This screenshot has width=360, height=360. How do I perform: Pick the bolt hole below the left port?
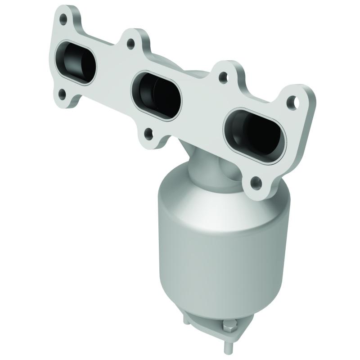click(62, 94)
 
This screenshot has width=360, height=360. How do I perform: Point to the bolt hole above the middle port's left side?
click(130, 44)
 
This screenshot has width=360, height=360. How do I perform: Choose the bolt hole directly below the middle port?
click(148, 133)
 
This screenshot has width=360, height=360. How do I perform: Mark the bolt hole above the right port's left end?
click(222, 76)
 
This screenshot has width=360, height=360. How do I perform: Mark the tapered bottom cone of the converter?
click(211, 301)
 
